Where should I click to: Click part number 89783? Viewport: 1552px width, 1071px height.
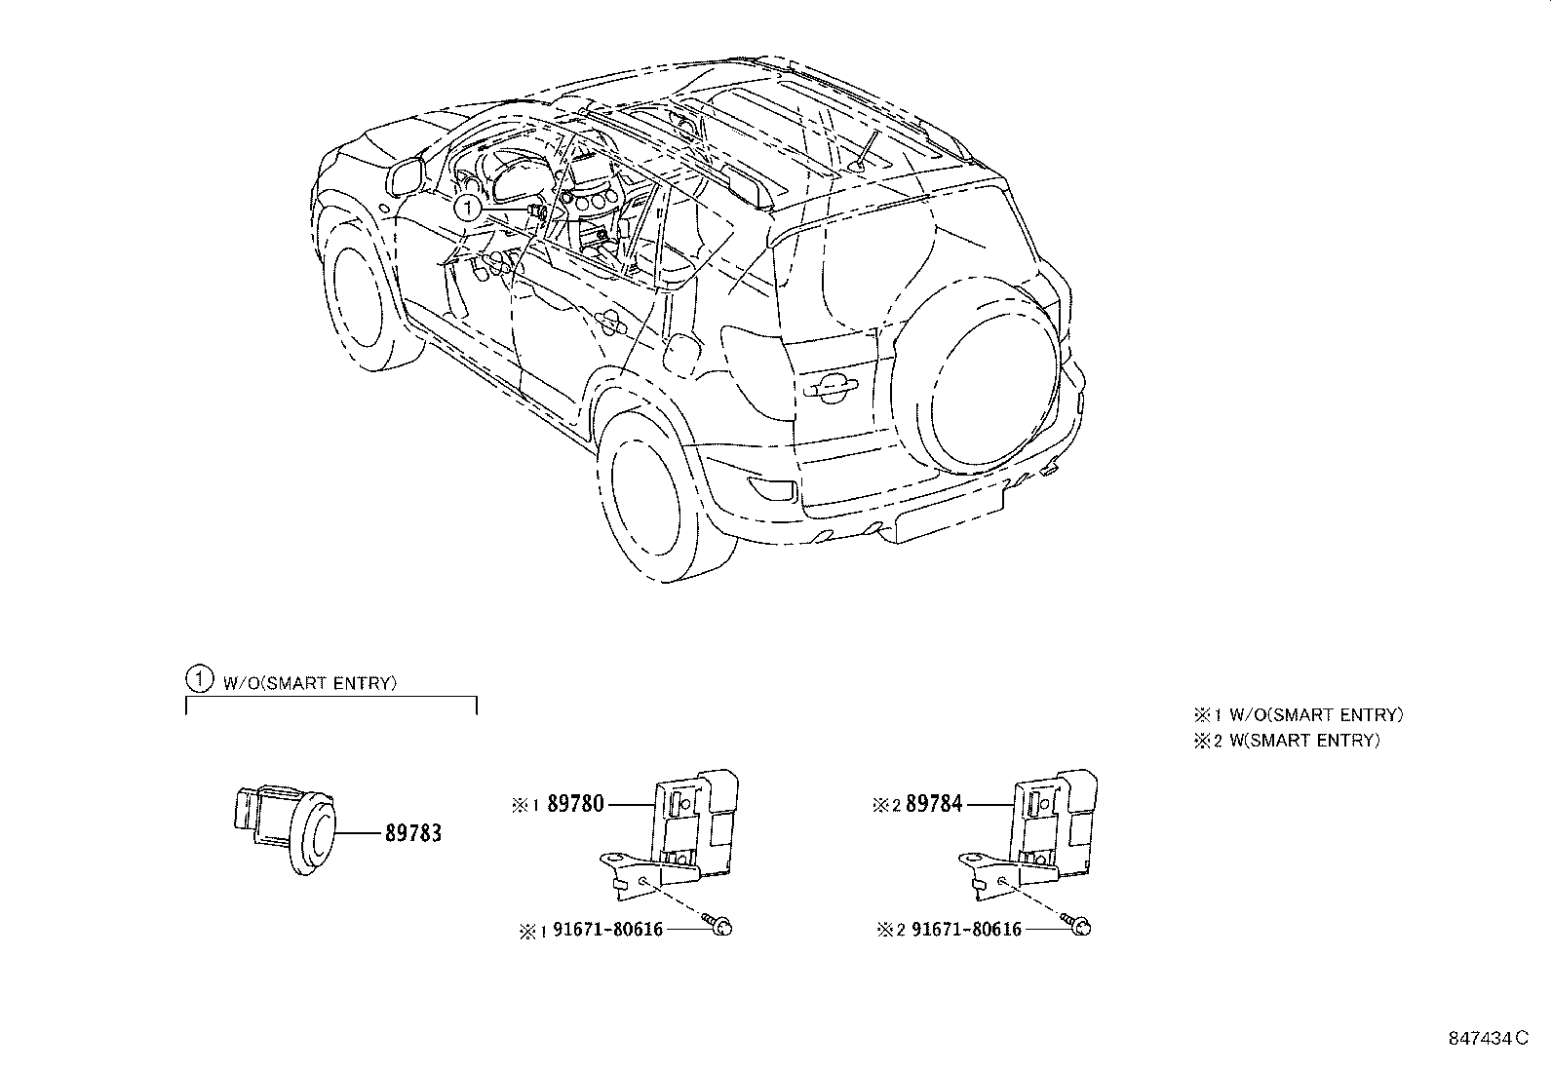[x=412, y=834]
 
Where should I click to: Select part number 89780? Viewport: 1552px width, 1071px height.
[x=575, y=805]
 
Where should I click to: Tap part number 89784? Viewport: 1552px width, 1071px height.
[x=934, y=805]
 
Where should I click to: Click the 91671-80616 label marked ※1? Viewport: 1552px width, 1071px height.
[x=607, y=930]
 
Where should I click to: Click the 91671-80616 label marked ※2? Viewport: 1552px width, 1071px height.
[x=966, y=930]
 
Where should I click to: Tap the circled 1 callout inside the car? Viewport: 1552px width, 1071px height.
[x=468, y=208]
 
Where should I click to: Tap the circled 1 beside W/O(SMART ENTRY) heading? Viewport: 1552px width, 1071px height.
[x=198, y=678]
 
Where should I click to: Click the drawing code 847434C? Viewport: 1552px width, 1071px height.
[x=1488, y=1041]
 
